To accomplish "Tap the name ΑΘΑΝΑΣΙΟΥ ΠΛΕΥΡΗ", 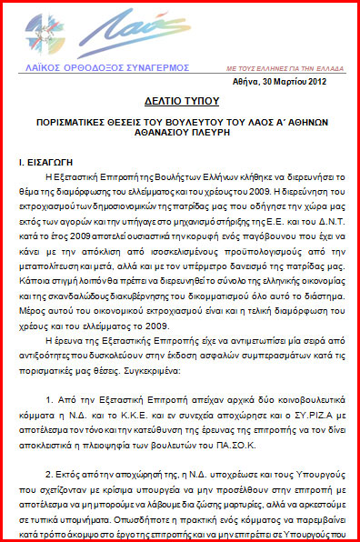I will click(x=181, y=156).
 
